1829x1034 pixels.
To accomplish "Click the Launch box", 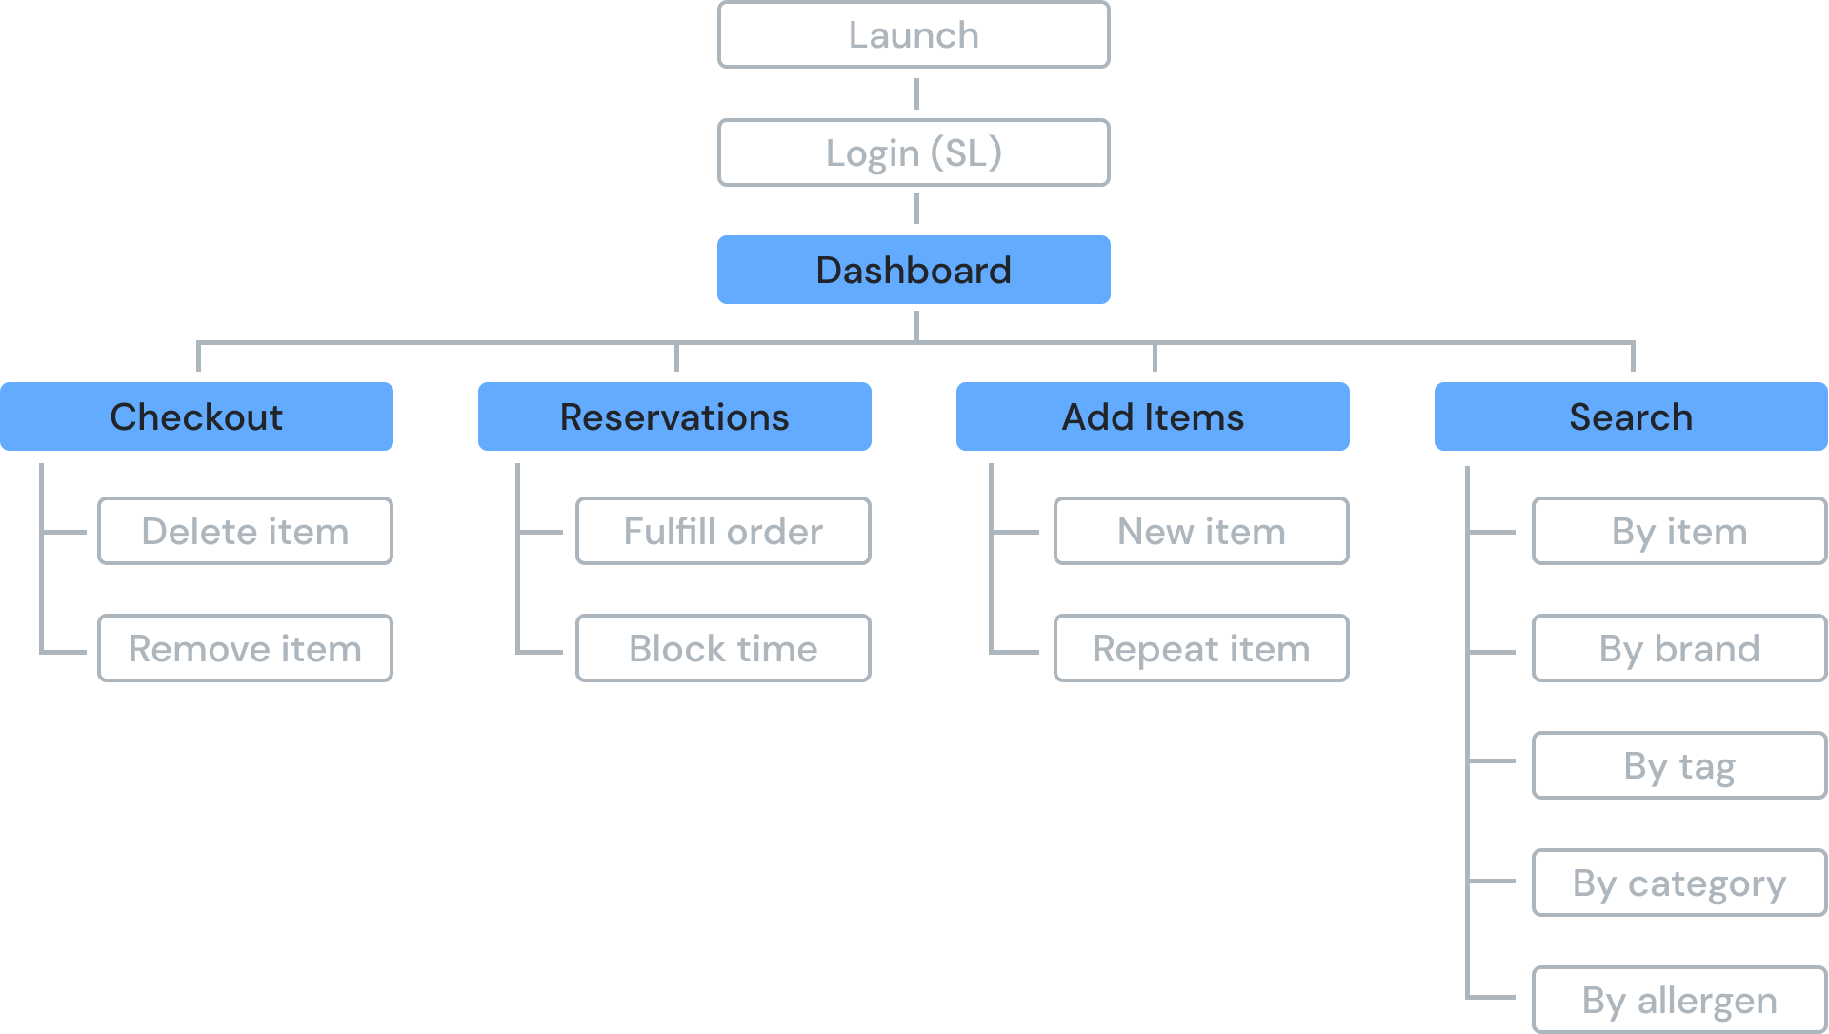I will pyautogui.click(x=914, y=35).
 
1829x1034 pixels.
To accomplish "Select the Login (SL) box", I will pyautogui.click(x=914, y=152).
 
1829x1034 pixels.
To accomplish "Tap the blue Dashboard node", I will pyautogui.click(x=914, y=270).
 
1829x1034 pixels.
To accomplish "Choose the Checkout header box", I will pyautogui.click(x=196, y=416).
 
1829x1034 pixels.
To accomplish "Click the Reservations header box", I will pyautogui.click(x=674, y=416).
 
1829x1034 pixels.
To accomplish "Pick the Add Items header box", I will pyautogui.click(x=1153, y=416).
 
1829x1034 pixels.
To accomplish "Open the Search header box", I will pyautogui.click(x=1631, y=416).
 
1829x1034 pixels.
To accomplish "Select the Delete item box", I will pyautogui.click(x=245, y=531).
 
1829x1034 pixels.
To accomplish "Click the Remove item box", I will pyautogui.click(x=245, y=648).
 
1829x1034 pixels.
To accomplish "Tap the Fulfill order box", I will pyautogui.click(x=723, y=531).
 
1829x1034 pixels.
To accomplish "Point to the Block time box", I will pyautogui.click(x=723, y=648).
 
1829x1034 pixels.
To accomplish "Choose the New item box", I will pyautogui.click(x=1201, y=531).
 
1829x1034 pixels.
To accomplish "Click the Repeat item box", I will pyautogui.click(x=1201, y=648).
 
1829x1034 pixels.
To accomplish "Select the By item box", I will pyautogui.click(x=1679, y=531).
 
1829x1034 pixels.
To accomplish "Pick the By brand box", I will pyautogui.click(x=1679, y=648).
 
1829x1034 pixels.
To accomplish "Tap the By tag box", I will pyautogui.click(x=1679, y=765).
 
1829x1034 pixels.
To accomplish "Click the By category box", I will pyautogui.click(x=1679, y=882).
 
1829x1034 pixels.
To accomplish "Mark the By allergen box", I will pyautogui.click(x=1679, y=1000).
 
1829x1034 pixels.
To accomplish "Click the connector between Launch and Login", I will pyautogui.click(x=916, y=93).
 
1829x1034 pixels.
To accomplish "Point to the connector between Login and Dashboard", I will pyautogui.click(x=916, y=209).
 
